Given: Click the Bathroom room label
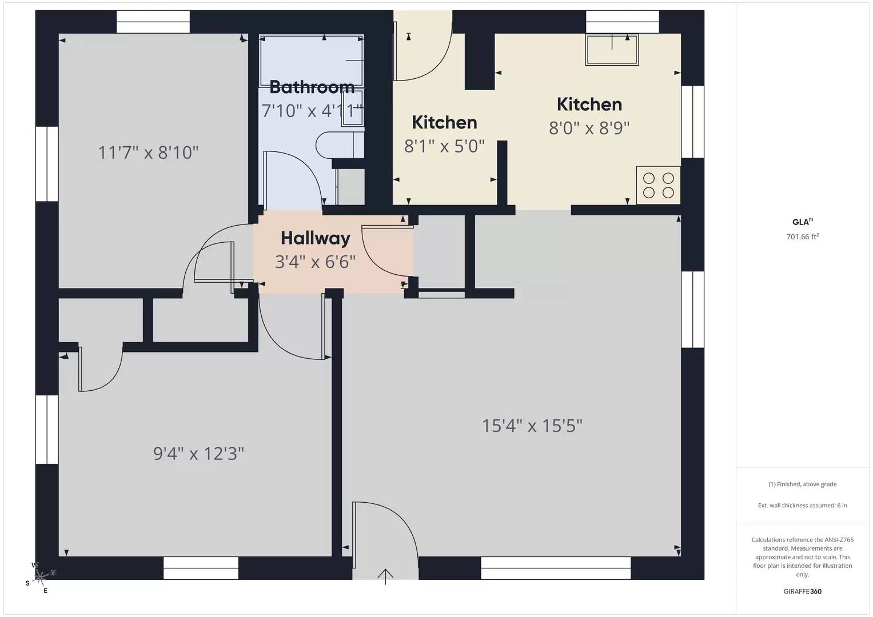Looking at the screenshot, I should (x=312, y=87).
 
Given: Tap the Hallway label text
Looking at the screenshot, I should (x=315, y=238).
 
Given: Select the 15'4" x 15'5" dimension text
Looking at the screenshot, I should (x=532, y=426).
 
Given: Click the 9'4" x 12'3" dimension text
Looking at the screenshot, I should (x=198, y=454).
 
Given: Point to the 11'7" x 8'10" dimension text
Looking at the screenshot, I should (x=148, y=153).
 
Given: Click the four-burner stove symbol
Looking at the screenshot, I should (x=658, y=185).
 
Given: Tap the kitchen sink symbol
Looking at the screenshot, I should (x=612, y=49).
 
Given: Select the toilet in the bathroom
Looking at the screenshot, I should (x=337, y=145).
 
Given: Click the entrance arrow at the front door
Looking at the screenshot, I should (x=386, y=576).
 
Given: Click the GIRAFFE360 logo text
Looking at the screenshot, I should (x=802, y=591).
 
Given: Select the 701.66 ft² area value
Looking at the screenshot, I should (x=802, y=237).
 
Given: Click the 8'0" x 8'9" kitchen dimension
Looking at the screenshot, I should (x=589, y=128).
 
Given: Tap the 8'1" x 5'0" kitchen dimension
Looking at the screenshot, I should (x=444, y=146).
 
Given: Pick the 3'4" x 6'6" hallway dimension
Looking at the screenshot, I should (x=315, y=262).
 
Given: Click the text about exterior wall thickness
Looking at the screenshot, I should (x=802, y=505).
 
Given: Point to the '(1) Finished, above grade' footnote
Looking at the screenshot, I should (x=802, y=484).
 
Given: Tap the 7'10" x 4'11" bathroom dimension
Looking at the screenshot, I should (x=312, y=110).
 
